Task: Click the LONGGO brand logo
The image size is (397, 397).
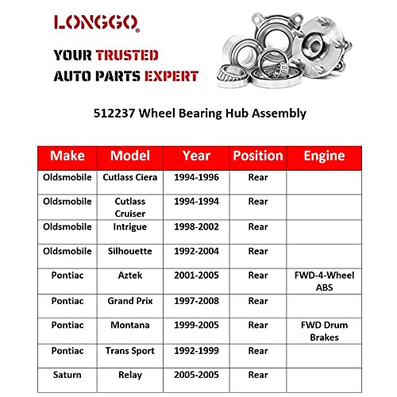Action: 96,22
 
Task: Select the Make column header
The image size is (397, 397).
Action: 67,156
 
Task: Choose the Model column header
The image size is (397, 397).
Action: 129,156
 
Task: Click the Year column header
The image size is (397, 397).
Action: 195,156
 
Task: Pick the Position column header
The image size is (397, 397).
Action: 257,156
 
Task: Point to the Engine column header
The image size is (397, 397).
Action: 324,156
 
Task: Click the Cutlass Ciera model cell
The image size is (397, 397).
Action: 129,177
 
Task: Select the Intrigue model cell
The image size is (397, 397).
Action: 129,226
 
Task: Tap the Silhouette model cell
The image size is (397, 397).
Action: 129,251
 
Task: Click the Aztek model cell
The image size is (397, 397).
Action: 129,276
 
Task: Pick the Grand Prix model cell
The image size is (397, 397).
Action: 129,301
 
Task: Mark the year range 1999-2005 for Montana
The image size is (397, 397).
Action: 195,326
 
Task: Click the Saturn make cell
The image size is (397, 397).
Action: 67,375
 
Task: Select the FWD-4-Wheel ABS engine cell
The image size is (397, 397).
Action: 324,281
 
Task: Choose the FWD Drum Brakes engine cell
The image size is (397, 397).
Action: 324,331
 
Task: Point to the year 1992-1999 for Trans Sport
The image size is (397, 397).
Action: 195,350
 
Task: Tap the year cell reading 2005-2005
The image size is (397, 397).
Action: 195,375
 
